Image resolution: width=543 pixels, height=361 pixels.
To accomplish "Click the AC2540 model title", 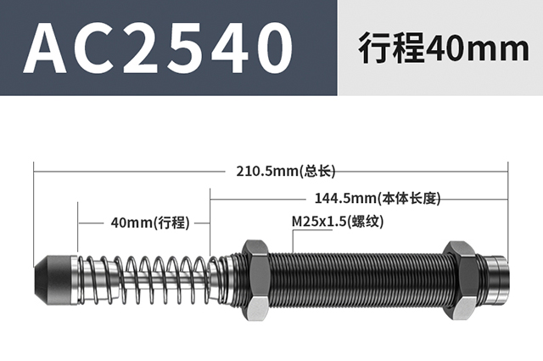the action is [x=158, y=48].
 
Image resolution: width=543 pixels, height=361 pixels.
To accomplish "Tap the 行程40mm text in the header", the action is [x=444, y=48].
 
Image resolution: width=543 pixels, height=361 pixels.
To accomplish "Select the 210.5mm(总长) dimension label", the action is [x=286, y=171].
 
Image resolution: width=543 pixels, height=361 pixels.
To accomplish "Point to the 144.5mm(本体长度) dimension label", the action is [x=378, y=199].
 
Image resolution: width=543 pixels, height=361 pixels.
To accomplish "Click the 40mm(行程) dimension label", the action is [x=150, y=223].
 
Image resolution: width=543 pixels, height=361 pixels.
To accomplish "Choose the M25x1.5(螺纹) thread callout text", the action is [x=338, y=222].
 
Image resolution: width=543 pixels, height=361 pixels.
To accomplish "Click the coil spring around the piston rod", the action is [x=145, y=279].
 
